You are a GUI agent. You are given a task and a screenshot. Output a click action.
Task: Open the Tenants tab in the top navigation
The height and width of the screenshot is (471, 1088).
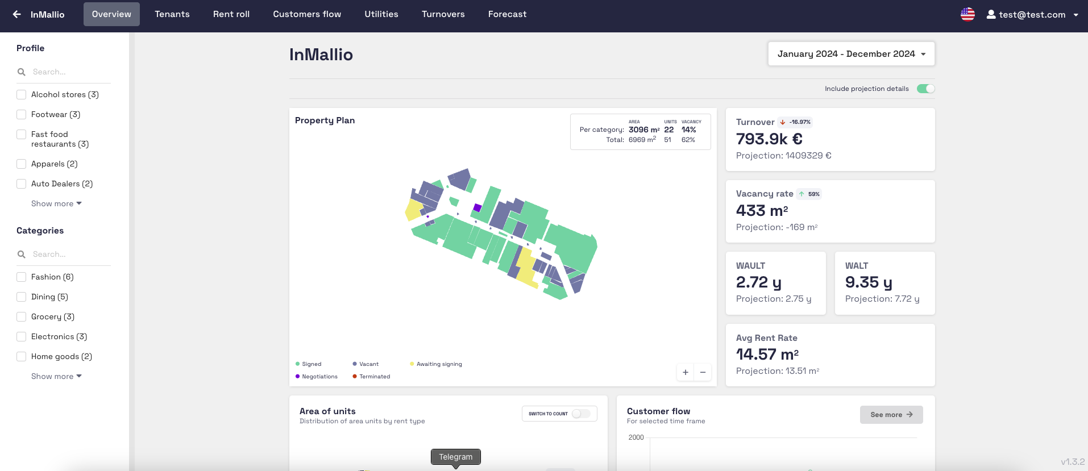[x=172, y=14]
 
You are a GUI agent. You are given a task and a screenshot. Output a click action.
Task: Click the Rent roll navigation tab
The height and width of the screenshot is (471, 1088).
[x=231, y=14]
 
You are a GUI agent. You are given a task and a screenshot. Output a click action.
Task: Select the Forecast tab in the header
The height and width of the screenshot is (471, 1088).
[x=507, y=14]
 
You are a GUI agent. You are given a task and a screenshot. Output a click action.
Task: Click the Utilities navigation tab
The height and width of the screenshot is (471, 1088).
[x=381, y=14]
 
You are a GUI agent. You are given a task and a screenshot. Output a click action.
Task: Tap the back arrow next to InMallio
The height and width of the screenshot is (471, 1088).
[x=17, y=14]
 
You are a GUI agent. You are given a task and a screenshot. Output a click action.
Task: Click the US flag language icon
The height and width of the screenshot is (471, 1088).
[x=967, y=14]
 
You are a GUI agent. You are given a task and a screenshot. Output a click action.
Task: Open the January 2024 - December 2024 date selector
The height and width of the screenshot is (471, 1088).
[x=851, y=54]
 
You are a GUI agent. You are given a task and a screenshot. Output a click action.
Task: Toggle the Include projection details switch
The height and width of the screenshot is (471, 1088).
[x=925, y=89]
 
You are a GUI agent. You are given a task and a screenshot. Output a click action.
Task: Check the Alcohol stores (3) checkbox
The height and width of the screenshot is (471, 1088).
[x=22, y=95]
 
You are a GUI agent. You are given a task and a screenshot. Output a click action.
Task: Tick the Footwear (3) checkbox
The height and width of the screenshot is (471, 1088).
[x=22, y=115]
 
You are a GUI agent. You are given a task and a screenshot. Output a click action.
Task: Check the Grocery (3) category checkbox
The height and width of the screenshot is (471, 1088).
[x=22, y=317]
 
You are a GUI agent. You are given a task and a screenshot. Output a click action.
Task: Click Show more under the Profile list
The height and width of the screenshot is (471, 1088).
[x=56, y=204]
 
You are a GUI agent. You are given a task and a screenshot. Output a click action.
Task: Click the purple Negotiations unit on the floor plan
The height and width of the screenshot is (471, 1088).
[x=477, y=208]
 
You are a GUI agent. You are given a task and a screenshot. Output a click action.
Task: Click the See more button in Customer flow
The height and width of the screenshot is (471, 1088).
[x=891, y=415]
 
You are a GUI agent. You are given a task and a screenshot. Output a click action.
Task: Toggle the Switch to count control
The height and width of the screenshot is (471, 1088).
[x=580, y=414]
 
